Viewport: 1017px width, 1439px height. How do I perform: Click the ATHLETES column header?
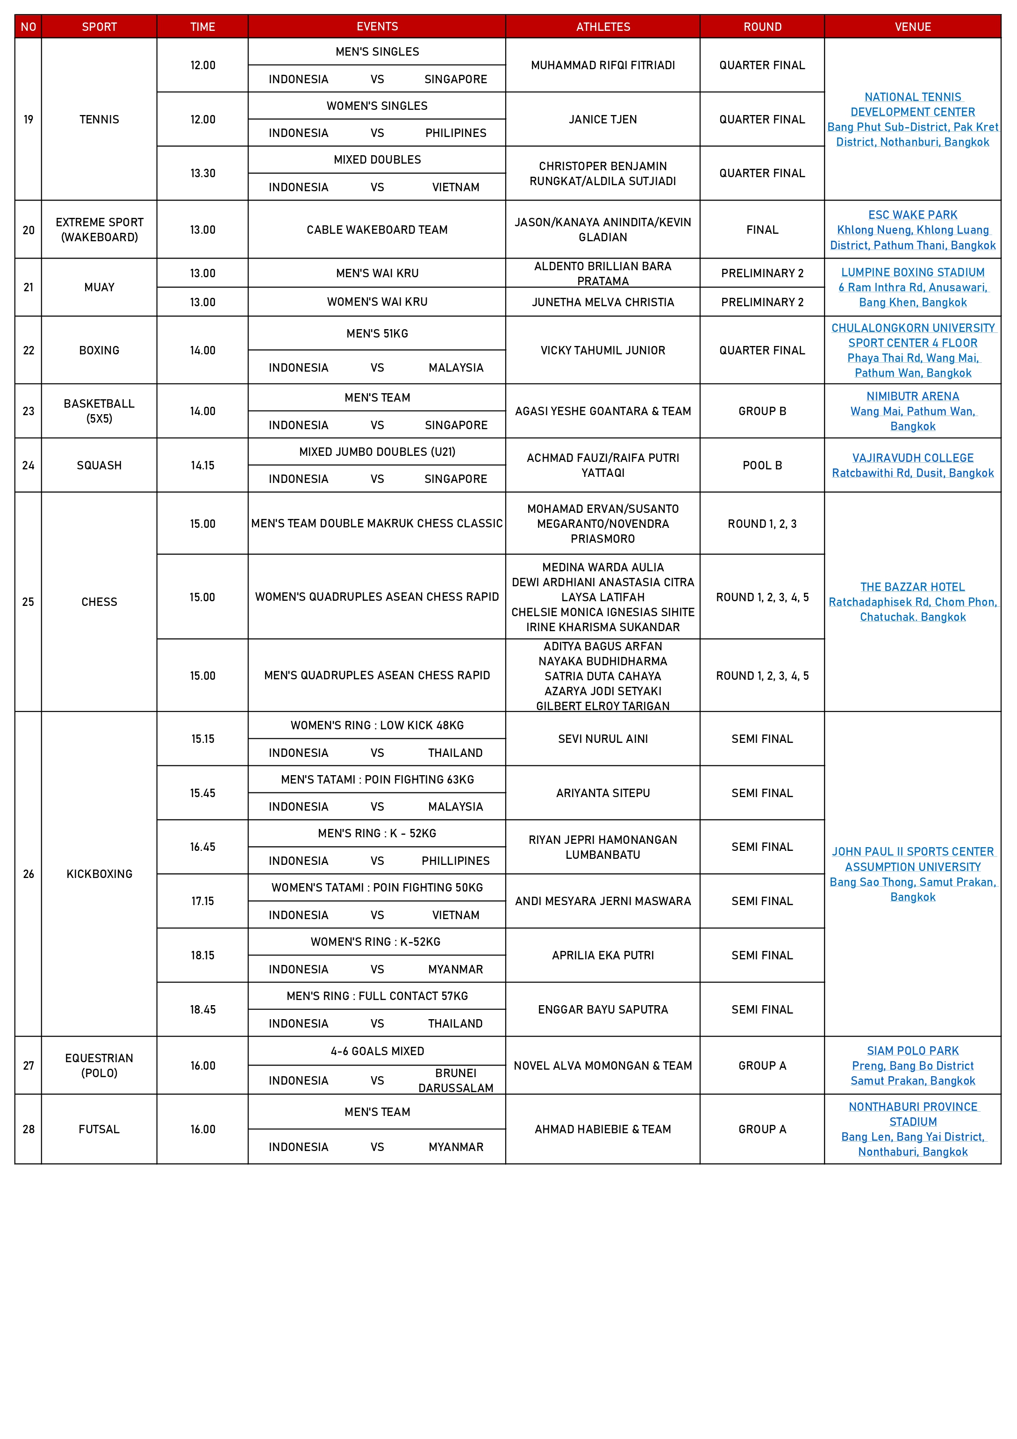[603, 26]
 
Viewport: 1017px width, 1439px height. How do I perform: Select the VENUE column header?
[912, 26]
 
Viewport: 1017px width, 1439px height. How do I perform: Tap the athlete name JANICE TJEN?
[603, 119]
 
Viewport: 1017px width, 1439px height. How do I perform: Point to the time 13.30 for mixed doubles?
[202, 173]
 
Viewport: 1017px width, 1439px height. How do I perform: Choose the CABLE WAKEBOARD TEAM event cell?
[377, 230]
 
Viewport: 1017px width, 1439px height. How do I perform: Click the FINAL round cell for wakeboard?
[762, 230]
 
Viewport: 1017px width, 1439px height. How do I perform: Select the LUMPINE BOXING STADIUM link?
[912, 273]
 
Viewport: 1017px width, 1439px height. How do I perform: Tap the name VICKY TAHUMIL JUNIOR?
[603, 350]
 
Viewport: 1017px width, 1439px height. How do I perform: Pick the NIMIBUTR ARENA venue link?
[912, 396]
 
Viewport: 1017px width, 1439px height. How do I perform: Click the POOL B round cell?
[762, 465]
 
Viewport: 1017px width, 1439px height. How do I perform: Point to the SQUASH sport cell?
[99, 465]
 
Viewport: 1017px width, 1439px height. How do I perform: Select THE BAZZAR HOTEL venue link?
[912, 587]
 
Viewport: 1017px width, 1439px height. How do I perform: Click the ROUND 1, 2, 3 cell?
[762, 523]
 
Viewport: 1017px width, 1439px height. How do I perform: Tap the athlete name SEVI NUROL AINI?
[603, 739]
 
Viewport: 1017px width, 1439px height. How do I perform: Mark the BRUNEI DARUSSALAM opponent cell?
[456, 1080]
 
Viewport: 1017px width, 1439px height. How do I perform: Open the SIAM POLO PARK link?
[912, 1050]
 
